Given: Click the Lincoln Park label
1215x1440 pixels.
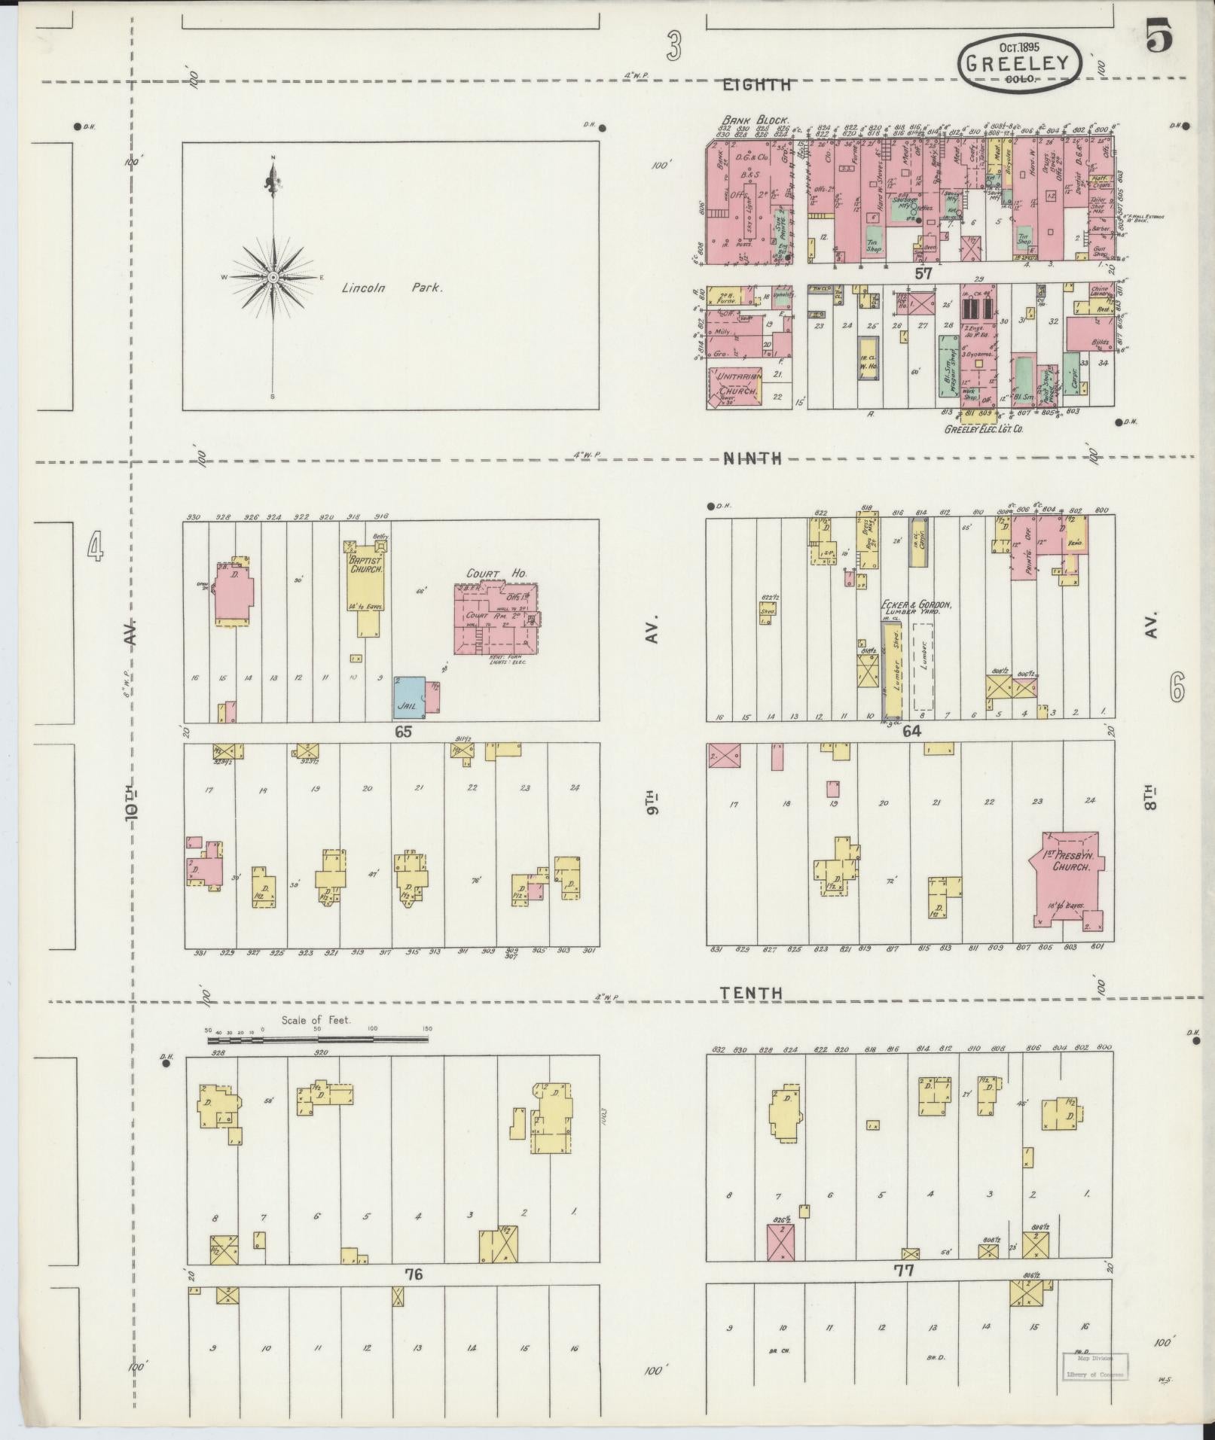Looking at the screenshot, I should (392, 288).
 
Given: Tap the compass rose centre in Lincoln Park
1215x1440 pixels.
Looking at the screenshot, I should (273, 279).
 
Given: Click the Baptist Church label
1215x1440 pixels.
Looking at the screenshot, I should (366, 565).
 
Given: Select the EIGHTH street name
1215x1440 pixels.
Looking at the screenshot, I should (756, 85).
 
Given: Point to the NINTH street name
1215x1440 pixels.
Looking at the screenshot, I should (753, 458).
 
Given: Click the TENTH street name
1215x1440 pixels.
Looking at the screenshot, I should (750, 994).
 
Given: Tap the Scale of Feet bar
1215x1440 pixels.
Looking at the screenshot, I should (317, 1040).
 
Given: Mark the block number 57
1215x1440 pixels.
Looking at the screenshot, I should (923, 274).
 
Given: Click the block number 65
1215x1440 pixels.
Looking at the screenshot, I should (403, 731).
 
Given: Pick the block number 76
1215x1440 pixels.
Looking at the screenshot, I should (414, 1274).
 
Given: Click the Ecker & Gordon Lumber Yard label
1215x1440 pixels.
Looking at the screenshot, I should (917, 609).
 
